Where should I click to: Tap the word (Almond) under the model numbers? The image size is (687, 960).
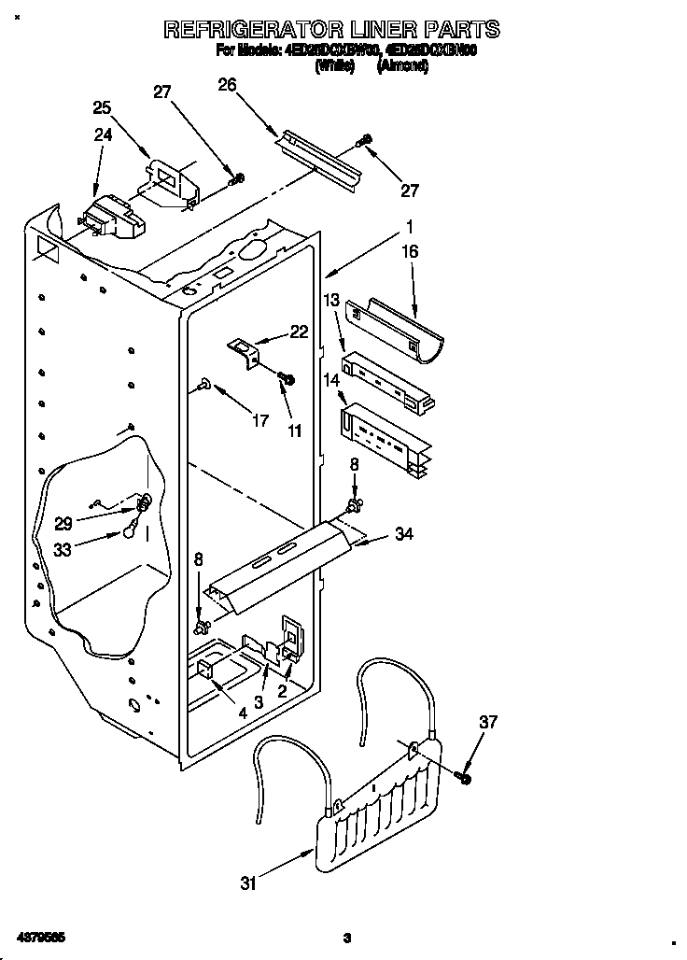click(402, 67)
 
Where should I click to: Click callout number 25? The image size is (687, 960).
click(101, 107)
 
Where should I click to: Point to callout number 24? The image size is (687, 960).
click(103, 134)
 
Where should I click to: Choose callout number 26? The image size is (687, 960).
click(227, 84)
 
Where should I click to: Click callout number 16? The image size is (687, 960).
click(409, 251)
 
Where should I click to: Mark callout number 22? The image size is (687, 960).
click(298, 332)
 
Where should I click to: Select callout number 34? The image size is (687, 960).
click(403, 534)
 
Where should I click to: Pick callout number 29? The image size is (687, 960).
click(63, 524)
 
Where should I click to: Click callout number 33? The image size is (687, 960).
click(63, 550)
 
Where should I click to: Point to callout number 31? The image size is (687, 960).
click(247, 882)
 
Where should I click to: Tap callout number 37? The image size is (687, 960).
click(488, 721)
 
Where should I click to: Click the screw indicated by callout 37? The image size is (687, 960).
click(464, 776)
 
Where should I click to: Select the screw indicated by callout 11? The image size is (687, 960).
click(287, 378)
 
